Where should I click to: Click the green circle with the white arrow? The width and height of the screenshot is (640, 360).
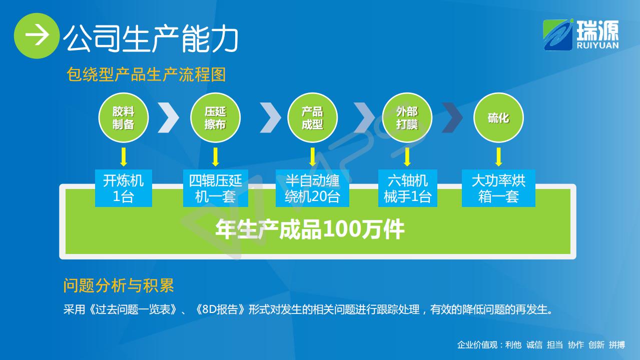click(37, 35)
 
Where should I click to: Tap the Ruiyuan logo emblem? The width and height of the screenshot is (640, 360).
click(558, 35)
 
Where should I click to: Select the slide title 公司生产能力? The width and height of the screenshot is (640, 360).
click(151, 38)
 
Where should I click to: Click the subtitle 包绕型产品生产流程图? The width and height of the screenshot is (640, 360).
click(146, 74)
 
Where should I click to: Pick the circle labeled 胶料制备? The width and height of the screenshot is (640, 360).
click(124, 117)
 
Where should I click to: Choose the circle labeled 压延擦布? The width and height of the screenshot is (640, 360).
click(216, 117)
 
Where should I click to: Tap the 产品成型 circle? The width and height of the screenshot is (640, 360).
click(312, 117)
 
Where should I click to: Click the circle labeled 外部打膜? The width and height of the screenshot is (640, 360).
click(407, 117)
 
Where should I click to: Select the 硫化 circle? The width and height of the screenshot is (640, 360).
click(498, 117)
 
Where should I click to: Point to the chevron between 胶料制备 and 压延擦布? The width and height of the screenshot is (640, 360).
click(169, 117)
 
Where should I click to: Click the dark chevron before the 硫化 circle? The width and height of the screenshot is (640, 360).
click(453, 117)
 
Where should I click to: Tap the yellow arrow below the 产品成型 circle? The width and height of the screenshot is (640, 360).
click(313, 156)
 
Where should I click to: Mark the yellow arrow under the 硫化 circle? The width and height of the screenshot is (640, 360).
click(498, 156)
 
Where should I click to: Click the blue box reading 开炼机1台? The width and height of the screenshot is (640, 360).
click(124, 188)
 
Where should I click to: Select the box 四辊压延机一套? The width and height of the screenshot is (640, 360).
click(216, 188)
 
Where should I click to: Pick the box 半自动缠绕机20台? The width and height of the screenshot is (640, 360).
click(312, 188)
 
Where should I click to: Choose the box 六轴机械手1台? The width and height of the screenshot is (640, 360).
click(408, 188)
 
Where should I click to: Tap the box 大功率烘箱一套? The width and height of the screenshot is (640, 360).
click(498, 188)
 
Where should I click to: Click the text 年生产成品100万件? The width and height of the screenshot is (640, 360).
click(310, 229)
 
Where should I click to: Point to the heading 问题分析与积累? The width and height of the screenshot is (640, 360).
click(119, 285)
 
